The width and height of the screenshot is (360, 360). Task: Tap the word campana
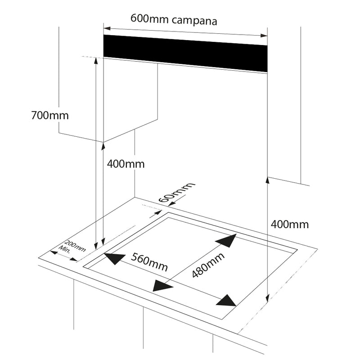[195, 21]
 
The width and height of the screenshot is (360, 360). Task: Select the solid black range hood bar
[185, 53]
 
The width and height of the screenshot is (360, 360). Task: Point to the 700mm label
[50, 115]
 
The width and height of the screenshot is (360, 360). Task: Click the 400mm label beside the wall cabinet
[126, 164]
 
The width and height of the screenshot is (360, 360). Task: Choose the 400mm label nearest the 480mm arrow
[290, 224]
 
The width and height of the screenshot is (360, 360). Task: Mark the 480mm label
[207, 265]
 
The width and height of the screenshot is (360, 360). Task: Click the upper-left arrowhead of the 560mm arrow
[114, 258]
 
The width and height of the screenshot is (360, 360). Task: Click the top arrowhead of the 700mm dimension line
[96, 61]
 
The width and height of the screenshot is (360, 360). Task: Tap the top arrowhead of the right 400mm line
[268, 180]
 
